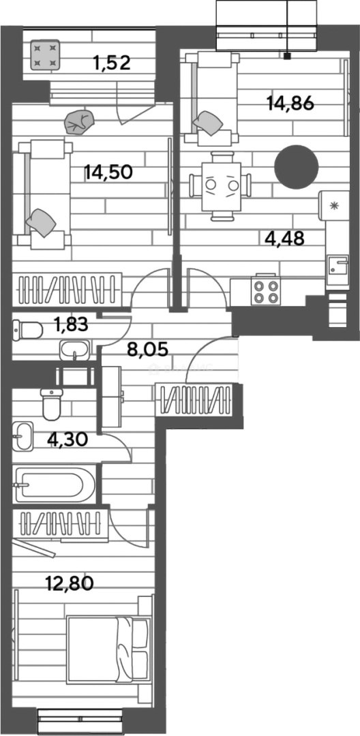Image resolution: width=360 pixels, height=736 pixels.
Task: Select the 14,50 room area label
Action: click(108, 172)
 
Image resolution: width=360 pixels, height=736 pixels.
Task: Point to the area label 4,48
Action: click(284, 238)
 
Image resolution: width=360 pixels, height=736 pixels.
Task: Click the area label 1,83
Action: click(70, 325)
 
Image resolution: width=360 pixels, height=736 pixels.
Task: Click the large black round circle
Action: click(297, 168)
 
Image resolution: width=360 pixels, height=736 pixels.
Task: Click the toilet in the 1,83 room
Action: click(27, 331)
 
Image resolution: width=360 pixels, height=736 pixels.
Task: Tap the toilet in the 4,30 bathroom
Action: click(51, 405)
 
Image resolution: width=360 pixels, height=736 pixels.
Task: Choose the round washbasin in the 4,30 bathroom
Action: click(22, 435)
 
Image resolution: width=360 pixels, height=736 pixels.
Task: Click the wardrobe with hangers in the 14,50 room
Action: click(68, 289)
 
